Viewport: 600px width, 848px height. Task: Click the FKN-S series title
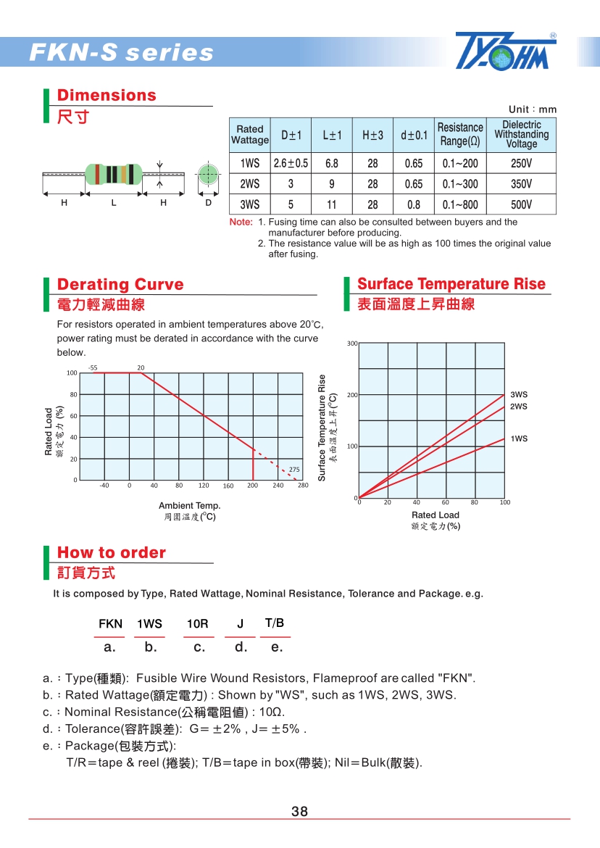(x=121, y=53)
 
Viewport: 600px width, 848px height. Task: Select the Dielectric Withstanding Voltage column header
(x=521, y=135)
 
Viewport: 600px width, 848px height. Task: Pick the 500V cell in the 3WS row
(x=521, y=205)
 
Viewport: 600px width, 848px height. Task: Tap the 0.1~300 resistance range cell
(x=460, y=184)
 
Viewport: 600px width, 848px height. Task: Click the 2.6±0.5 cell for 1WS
(x=291, y=164)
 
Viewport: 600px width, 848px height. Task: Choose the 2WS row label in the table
(x=249, y=184)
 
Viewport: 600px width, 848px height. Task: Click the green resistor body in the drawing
(x=112, y=174)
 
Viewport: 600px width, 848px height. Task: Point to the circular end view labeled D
(x=208, y=175)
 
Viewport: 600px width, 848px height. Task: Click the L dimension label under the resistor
(x=114, y=204)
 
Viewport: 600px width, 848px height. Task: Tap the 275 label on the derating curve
(x=294, y=470)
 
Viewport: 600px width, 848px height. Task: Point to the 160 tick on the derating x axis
(x=228, y=486)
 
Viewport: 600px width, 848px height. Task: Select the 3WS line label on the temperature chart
(x=519, y=395)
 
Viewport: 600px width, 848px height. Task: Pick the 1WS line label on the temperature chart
(x=519, y=439)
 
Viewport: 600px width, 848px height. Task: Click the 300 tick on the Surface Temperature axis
(x=351, y=343)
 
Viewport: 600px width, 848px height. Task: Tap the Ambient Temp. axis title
(x=189, y=506)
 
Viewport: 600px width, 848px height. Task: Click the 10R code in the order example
(x=197, y=624)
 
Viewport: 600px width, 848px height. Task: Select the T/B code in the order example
(x=275, y=623)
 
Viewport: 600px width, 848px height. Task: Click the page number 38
(x=299, y=812)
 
